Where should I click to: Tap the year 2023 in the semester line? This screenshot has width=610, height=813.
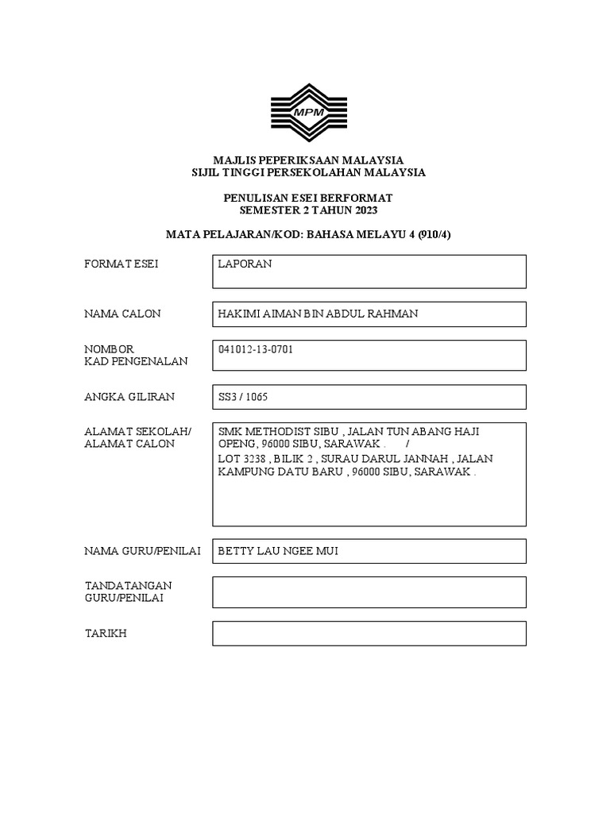coord(364,210)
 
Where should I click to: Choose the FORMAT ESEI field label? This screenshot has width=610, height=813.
coord(121,264)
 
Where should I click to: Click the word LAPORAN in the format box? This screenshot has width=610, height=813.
coord(245,264)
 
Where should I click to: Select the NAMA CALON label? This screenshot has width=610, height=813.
coord(122,314)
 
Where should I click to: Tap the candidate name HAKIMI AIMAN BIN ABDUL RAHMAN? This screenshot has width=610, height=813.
coord(318,314)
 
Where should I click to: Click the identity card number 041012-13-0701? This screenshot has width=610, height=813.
coord(256,349)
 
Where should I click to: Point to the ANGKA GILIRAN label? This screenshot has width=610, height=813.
coord(129,396)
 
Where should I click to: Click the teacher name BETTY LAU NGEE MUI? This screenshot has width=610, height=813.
coord(278,551)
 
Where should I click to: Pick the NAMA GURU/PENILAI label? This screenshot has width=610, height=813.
coord(142,551)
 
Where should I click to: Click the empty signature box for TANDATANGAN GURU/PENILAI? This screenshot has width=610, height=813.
coord(369,591)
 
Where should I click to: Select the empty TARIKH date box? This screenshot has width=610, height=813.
coord(369,634)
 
